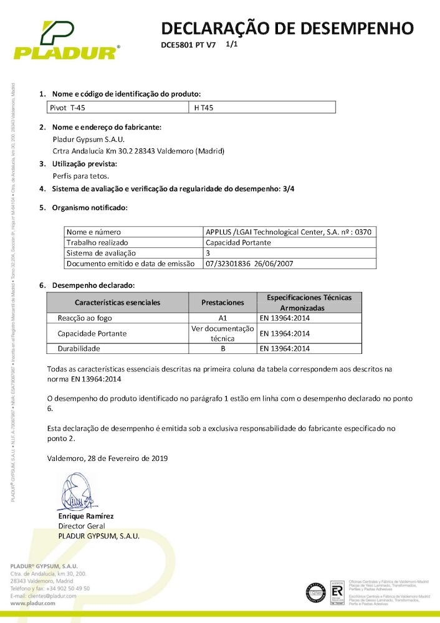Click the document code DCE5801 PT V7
click(x=188, y=45)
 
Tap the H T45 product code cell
click(x=204, y=108)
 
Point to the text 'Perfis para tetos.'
click(x=81, y=176)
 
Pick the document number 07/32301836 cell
click(x=249, y=264)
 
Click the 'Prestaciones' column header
click(x=222, y=302)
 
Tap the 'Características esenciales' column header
click(x=118, y=302)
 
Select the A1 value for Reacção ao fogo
click(x=222, y=318)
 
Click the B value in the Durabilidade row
click(x=222, y=349)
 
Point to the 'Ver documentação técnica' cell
click(x=222, y=333)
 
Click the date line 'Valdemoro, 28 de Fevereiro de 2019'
click(x=107, y=458)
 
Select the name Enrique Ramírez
click(x=86, y=516)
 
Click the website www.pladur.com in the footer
click(x=34, y=604)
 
